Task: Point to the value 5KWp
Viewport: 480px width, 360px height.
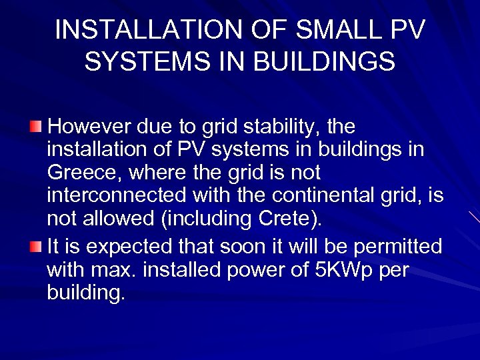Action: (340, 271)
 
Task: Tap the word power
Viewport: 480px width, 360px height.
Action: (252, 271)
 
